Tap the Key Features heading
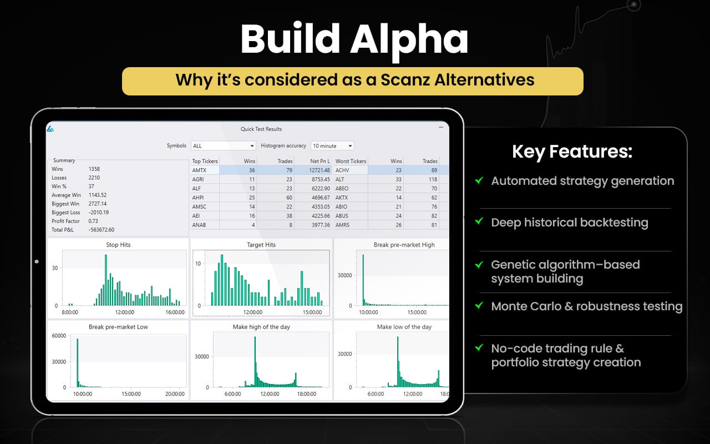571,152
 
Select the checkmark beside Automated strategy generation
479,180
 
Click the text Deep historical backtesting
569,223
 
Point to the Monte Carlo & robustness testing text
586,306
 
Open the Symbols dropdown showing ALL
223,146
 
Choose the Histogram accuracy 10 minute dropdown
332,146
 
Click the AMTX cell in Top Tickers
200,170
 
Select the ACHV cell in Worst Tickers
342,170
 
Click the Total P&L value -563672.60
101,230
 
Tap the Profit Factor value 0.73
94,221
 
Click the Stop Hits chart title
118,245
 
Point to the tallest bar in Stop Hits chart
105,280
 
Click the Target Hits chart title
261,245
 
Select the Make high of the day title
261,327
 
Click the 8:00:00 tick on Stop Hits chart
70,312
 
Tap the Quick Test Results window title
261,129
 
